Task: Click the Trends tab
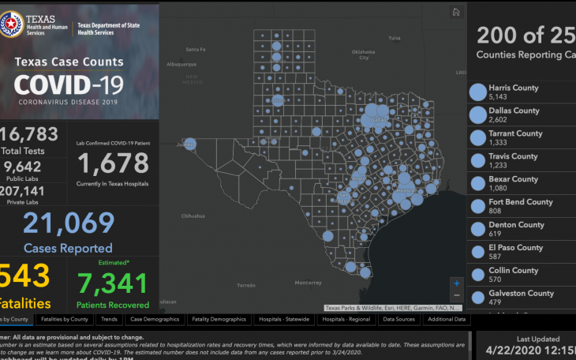[109, 320]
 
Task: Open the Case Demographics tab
[154, 320]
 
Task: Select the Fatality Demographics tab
[217, 320]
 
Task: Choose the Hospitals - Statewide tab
[285, 320]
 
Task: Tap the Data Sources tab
[399, 320]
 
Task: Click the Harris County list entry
[513, 92]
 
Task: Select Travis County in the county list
[513, 161]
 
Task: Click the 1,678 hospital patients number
[113, 163]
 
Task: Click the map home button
[455, 12]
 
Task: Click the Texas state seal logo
[12, 25]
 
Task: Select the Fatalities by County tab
[64, 320]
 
